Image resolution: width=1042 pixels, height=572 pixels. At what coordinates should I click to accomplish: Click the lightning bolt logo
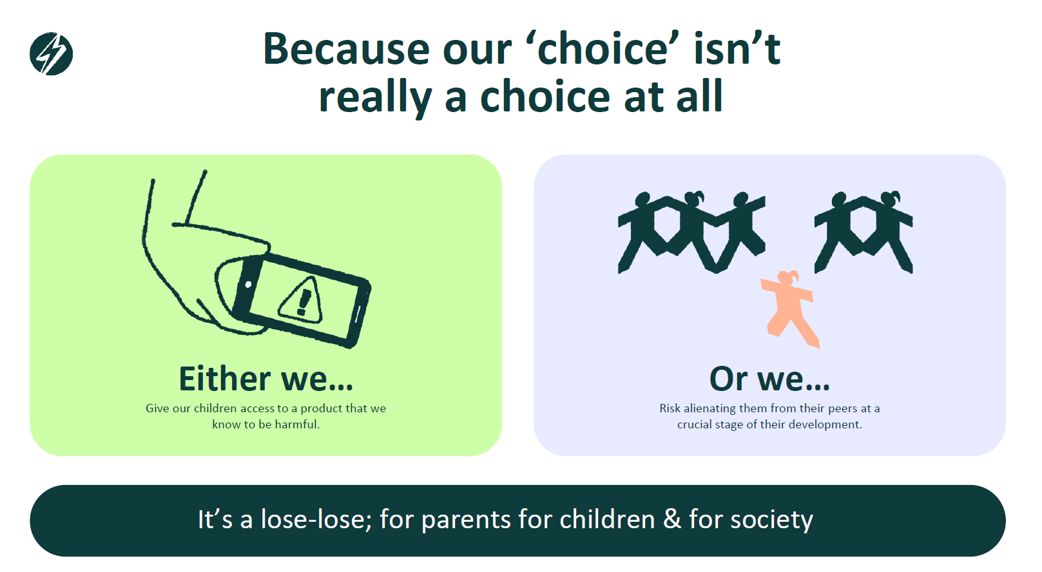(51, 54)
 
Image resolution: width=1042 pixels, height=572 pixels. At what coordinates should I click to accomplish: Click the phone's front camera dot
(248, 284)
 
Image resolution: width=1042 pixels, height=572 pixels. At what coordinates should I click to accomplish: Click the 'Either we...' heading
(266, 379)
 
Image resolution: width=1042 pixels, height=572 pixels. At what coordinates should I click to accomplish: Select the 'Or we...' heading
(769, 379)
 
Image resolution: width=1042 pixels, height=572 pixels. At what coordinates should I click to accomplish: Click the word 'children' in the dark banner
(607, 519)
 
